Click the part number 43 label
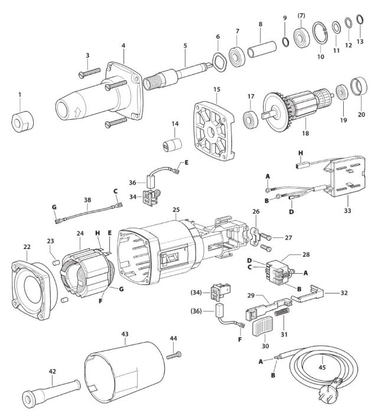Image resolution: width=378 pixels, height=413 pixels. click(x=125, y=334)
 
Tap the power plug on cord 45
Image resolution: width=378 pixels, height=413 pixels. click(x=333, y=388)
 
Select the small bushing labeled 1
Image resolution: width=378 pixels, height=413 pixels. click(x=22, y=122)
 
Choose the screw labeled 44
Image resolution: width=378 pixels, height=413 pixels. click(x=174, y=355)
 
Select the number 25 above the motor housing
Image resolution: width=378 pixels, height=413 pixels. click(x=176, y=209)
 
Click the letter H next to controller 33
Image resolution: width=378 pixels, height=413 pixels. click(x=300, y=153)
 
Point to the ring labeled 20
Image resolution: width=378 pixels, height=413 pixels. click(x=359, y=87)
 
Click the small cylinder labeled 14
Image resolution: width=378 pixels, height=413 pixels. click(x=172, y=145)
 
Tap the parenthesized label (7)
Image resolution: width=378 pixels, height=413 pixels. click(x=301, y=16)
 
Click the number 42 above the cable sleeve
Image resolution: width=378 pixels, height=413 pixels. click(x=52, y=371)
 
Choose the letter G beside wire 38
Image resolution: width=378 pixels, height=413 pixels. click(x=54, y=207)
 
